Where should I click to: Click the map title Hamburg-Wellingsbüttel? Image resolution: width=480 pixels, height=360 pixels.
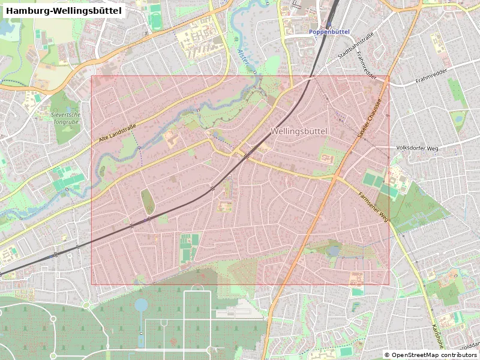[64, 11]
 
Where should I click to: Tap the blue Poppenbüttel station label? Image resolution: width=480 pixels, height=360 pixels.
[329, 32]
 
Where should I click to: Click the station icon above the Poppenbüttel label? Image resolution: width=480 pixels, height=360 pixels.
[329, 24]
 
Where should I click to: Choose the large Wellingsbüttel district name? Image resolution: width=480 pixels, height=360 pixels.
[298, 131]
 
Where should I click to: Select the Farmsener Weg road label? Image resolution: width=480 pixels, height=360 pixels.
[374, 208]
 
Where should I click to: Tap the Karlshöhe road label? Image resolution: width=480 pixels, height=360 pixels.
[437, 336]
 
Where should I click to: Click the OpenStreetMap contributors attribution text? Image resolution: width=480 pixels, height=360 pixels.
[430, 355]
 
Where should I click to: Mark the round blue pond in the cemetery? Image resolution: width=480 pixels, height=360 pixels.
[141, 305]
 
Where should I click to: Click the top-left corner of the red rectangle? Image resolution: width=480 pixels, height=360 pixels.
[91, 76]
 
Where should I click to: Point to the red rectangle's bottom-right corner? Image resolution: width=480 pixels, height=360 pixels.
[389, 284]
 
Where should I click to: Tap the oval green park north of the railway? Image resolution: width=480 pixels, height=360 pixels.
[147, 201]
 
